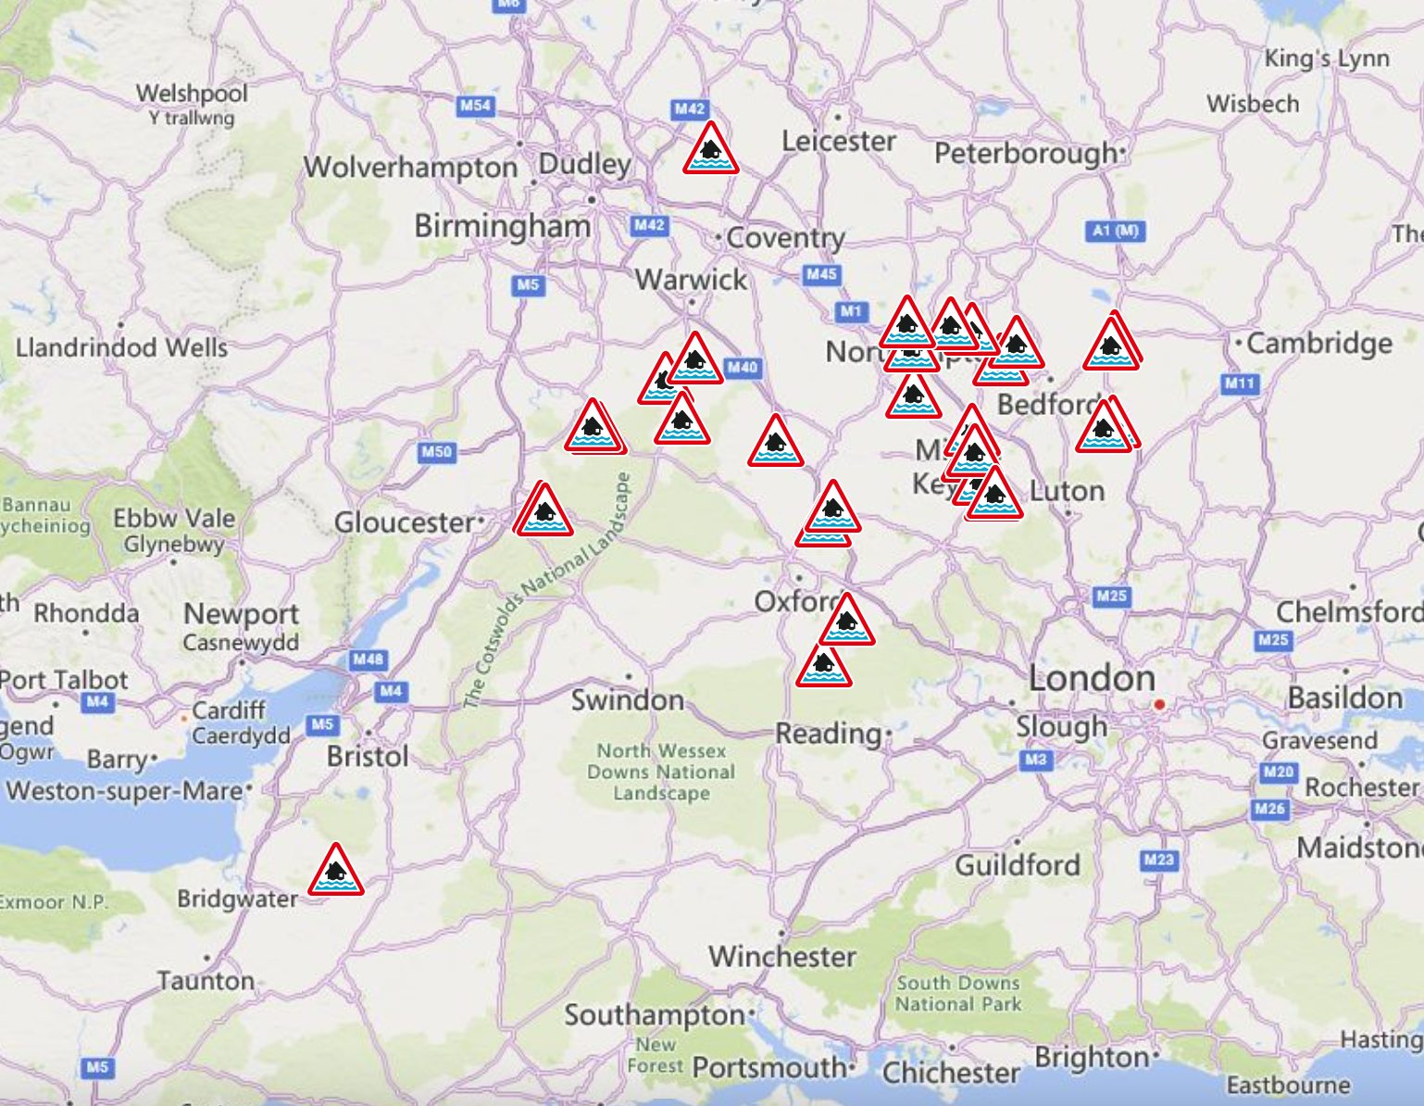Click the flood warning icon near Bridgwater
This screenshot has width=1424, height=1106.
[x=335, y=871]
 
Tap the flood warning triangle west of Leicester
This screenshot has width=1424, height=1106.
[x=710, y=150]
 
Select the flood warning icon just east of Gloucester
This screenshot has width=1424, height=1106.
[x=544, y=512]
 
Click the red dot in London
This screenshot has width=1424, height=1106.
[x=1159, y=705]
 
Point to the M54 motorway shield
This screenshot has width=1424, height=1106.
[x=475, y=106]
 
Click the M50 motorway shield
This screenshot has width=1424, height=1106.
[x=436, y=452]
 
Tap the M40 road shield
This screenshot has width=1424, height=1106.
[x=742, y=368]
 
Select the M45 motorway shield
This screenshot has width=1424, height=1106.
[x=821, y=274]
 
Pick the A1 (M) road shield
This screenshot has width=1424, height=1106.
[x=1115, y=231]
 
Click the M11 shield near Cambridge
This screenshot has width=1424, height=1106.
[x=1240, y=383]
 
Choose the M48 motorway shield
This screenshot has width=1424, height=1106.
[x=368, y=660]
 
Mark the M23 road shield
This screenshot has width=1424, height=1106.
[x=1158, y=860]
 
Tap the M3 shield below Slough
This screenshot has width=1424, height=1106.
[x=1035, y=760]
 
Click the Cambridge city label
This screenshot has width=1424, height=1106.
[x=1318, y=344]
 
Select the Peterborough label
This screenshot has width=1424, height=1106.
[x=1026, y=153]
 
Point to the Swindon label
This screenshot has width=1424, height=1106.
[x=627, y=699]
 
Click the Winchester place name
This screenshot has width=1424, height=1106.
[x=782, y=956]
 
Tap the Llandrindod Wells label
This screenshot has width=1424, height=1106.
[x=121, y=347]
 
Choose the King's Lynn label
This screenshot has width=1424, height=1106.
[x=1327, y=58]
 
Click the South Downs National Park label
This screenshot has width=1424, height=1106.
[x=958, y=993]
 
